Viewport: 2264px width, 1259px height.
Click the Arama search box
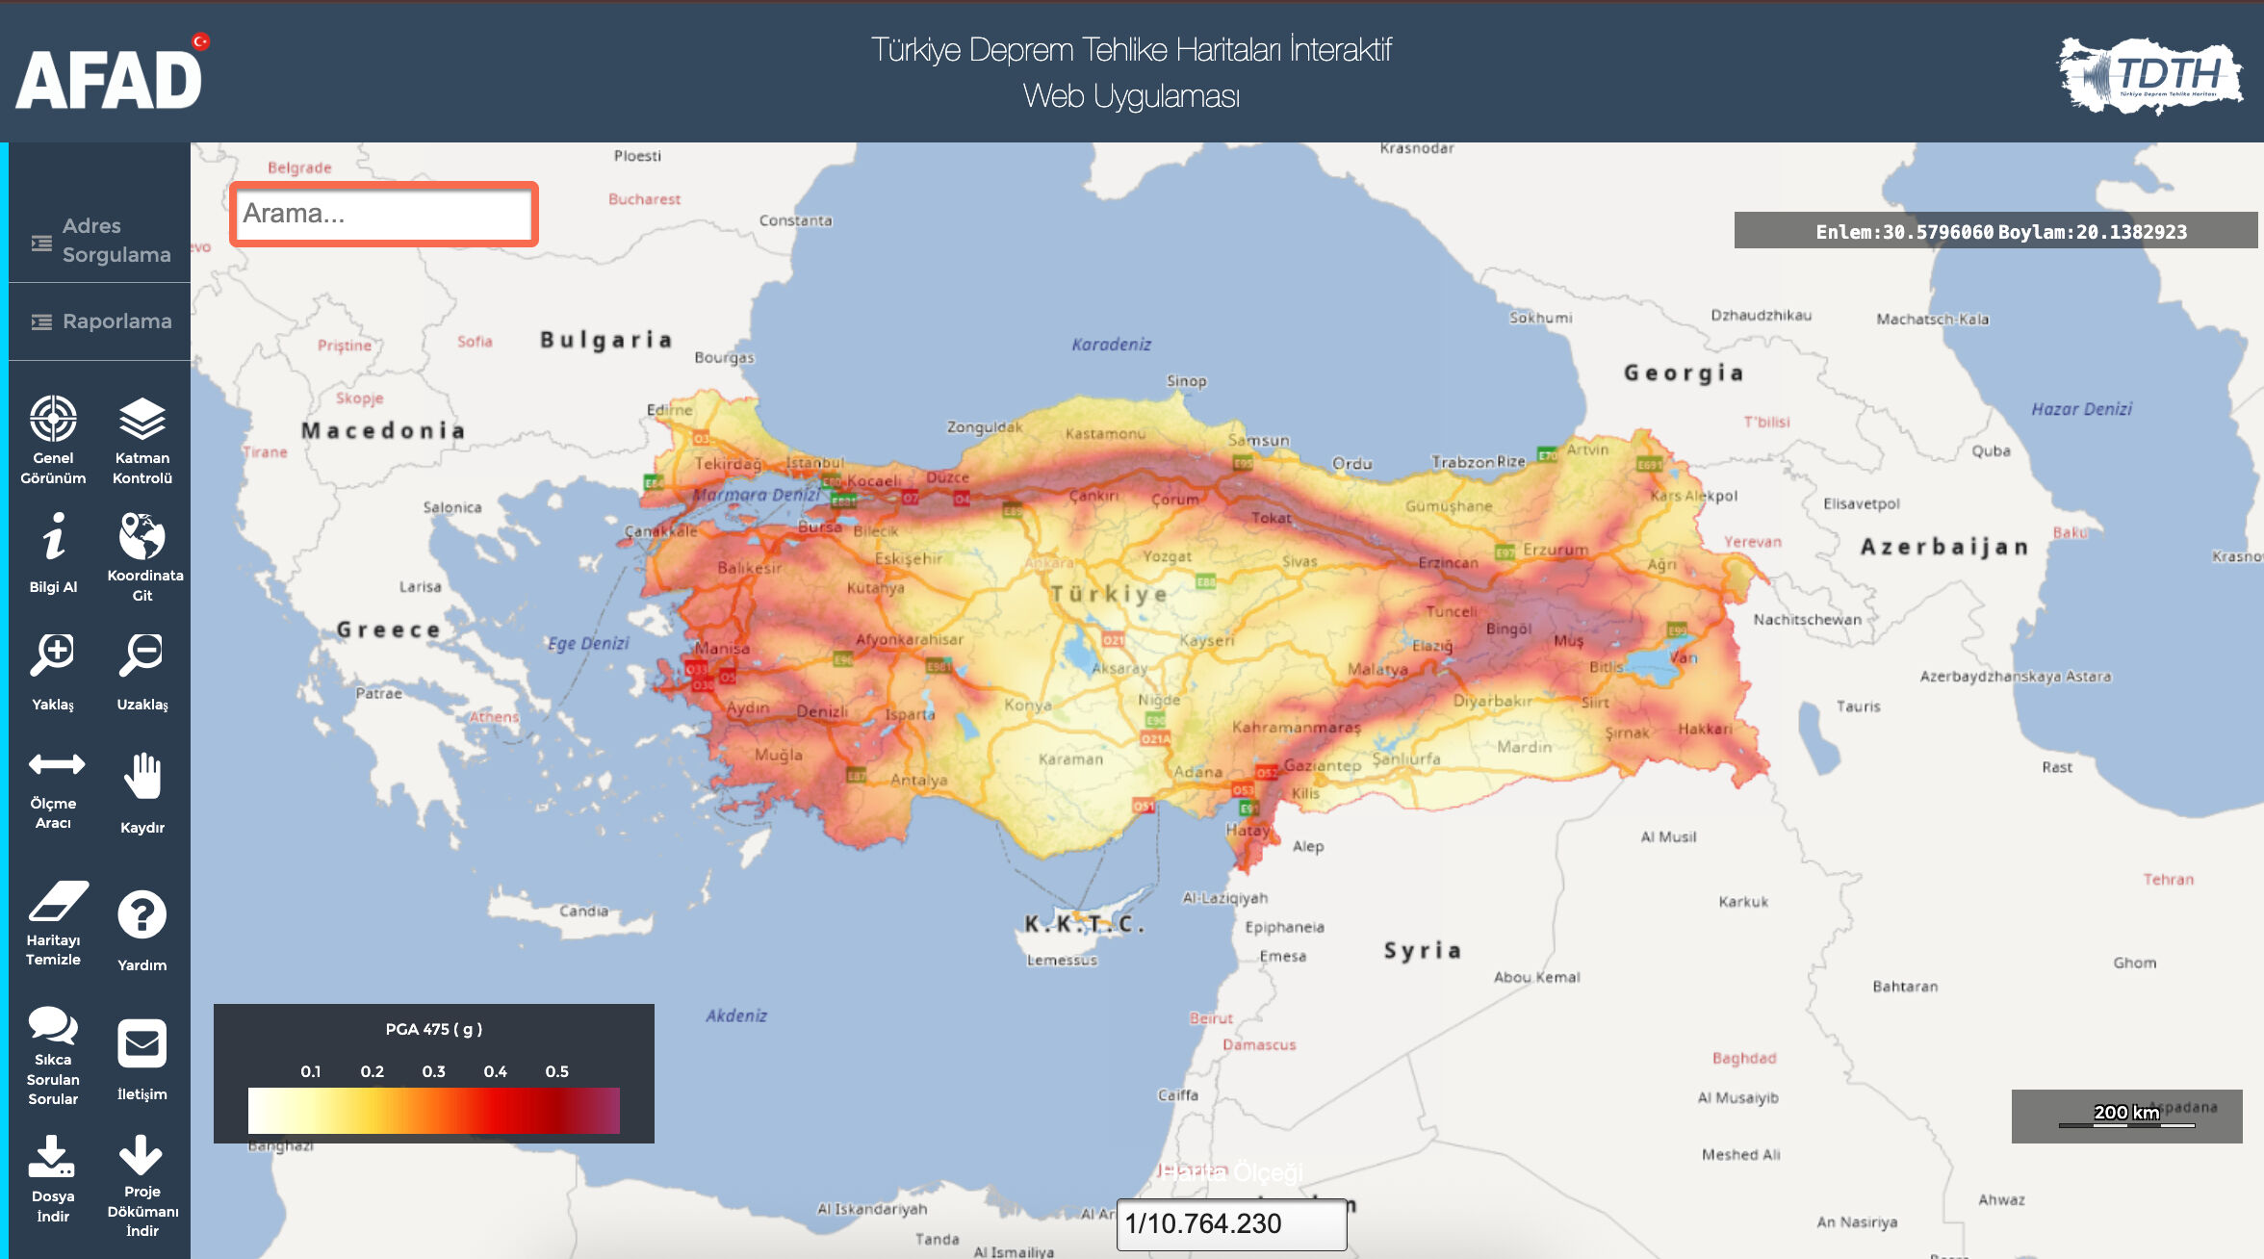383,214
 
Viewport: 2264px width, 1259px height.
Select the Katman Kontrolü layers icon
141,420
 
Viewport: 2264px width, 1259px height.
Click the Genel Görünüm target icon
53,420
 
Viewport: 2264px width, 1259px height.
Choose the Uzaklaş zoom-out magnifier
141,655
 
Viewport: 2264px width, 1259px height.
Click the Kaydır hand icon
142,776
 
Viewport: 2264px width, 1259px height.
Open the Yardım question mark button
141,914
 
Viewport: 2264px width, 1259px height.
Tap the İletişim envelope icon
141,1043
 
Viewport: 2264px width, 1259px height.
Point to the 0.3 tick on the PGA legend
434,1071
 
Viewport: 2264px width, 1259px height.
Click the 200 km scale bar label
2126,1113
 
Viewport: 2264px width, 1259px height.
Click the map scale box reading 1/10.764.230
1230,1224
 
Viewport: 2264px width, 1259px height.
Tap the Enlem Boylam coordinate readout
2000,232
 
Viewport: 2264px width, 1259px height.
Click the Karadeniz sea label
1111,345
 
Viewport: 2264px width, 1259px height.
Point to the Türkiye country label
1109,594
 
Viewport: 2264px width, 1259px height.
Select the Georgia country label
1684,373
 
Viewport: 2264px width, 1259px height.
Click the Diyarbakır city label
1491,702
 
